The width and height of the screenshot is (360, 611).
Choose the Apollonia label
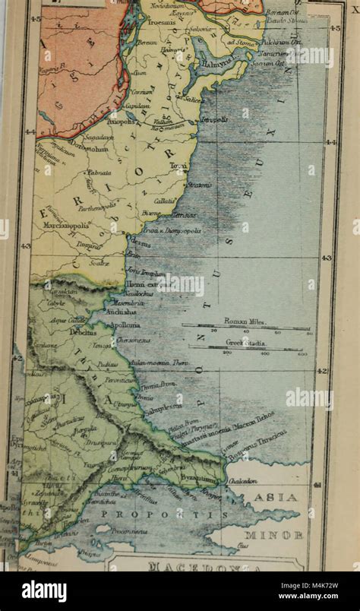coord(126,323)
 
